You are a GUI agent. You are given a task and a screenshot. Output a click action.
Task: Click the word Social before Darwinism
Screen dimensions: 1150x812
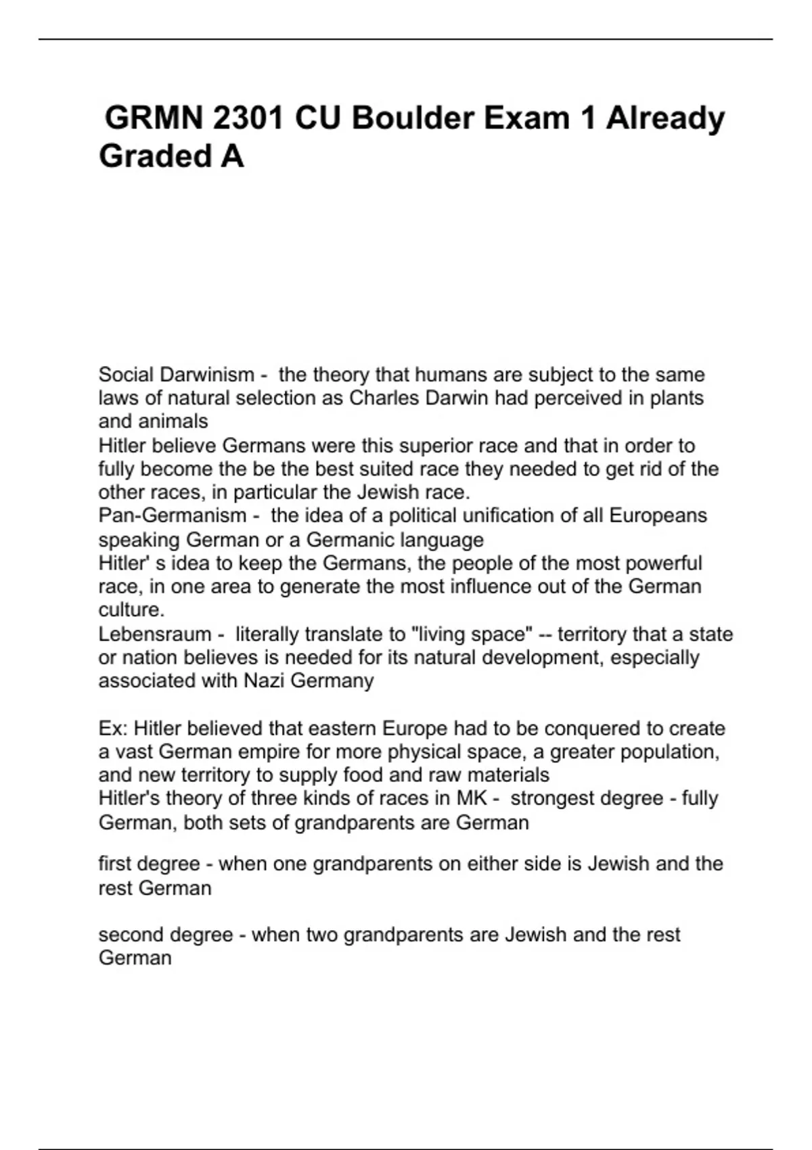coord(127,374)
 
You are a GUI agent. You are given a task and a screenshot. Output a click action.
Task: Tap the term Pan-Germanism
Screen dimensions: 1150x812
coord(173,515)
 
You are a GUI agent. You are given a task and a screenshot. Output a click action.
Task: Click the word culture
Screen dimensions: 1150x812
coord(131,609)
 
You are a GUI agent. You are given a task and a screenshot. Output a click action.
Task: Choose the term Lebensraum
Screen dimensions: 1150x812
coord(155,635)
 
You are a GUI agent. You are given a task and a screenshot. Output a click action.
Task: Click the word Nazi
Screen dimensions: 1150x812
coord(264,681)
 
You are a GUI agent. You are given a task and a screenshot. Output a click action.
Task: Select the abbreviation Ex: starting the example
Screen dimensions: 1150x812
coord(113,729)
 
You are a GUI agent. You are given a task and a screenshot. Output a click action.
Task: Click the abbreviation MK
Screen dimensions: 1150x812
coord(472,798)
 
